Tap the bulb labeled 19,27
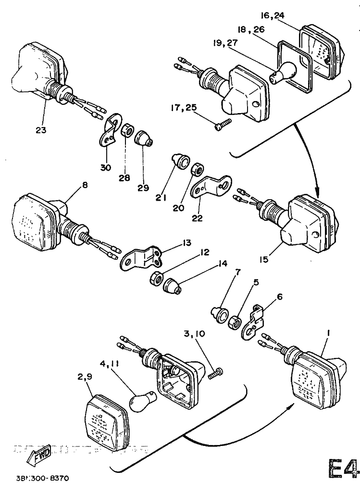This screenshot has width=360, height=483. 281,72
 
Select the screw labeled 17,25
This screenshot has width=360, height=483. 223,124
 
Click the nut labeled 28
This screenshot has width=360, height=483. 127,131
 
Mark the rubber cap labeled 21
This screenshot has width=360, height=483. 181,162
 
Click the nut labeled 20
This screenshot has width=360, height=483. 197,169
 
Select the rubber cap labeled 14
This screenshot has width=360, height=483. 173,287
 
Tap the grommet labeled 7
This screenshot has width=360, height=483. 222,314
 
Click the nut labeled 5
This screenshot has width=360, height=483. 236,321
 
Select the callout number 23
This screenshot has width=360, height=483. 41,129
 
